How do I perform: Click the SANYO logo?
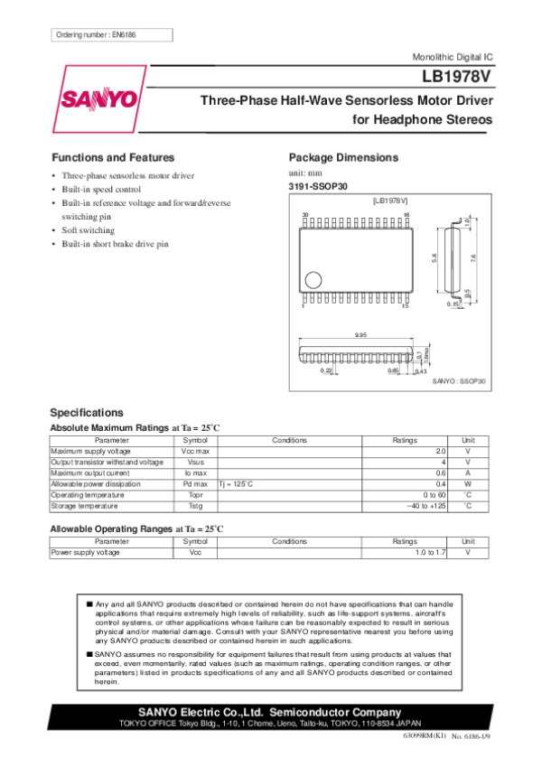[99, 98]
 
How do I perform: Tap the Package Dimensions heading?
[342, 157]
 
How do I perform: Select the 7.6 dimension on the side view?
[472, 258]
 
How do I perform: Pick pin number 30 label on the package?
[304, 214]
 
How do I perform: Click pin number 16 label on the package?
[407, 214]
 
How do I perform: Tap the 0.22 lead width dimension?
[327, 370]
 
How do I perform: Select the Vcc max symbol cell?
[195, 451]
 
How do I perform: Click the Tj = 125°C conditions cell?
[237, 484]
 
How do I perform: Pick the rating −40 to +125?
[426, 506]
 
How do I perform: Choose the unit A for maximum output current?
[467, 472]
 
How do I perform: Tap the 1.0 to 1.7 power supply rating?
[430, 552]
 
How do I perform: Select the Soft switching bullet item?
[89, 230]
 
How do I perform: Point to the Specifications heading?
[87, 412]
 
